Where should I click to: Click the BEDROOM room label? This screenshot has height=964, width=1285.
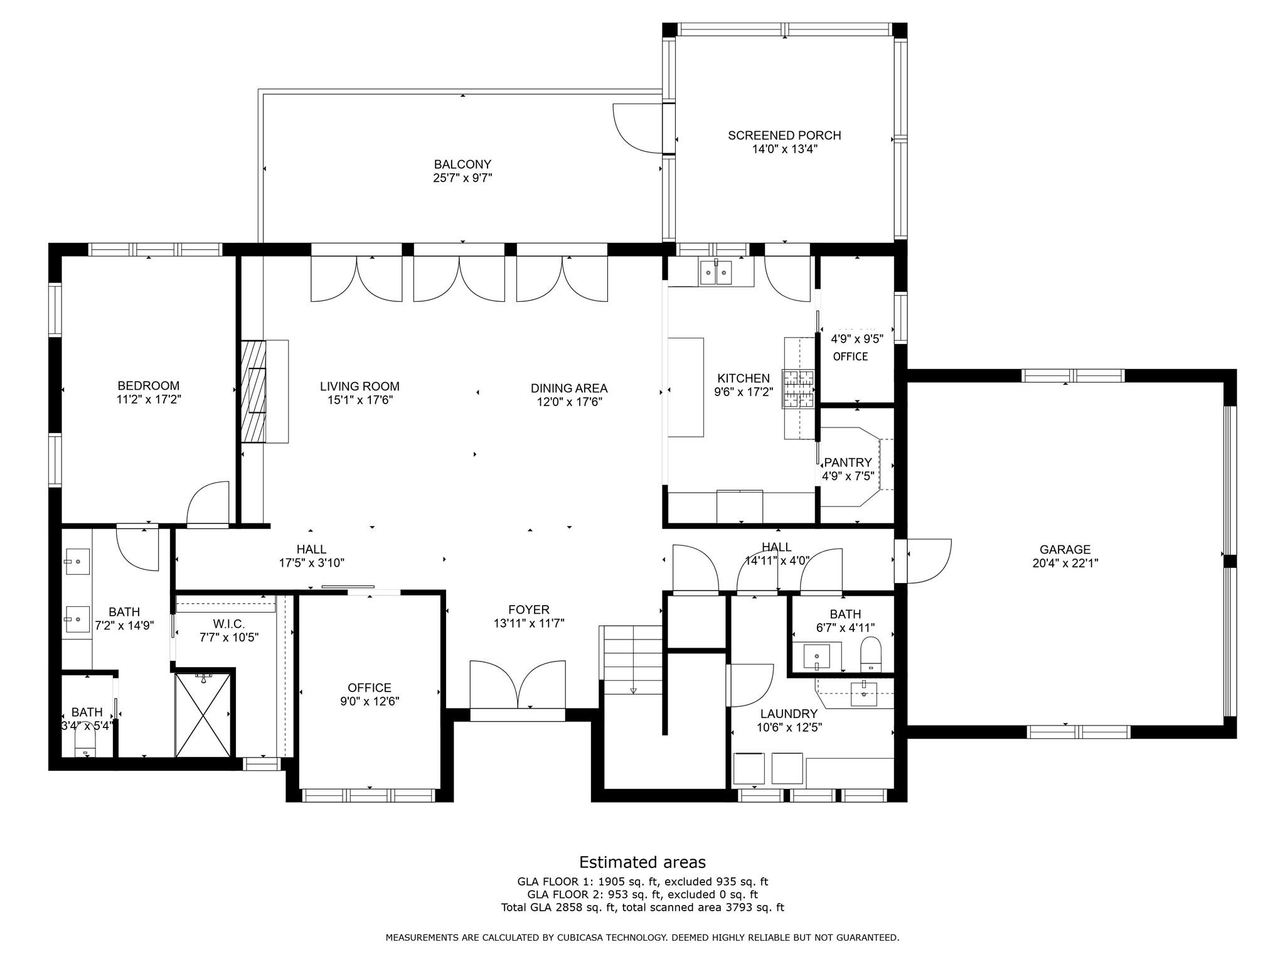coord(148,385)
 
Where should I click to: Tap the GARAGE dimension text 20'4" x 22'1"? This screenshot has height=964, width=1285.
coord(1065,564)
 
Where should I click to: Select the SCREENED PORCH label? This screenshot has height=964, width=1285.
coord(784,135)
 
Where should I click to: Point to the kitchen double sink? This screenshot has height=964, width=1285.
coord(716,273)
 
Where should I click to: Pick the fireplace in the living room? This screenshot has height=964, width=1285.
coord(254,392)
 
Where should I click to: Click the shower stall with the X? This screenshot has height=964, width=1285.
coord(202,715)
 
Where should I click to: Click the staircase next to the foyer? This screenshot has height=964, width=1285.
coord(632,659)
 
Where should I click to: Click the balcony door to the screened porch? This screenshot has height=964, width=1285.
coord(637,129)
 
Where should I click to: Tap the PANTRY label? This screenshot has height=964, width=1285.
coord(848,463)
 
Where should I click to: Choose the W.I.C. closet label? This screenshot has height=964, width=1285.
coord(228,624)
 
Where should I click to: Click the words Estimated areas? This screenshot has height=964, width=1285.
coord(642,862)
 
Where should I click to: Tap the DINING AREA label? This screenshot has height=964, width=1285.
coord(568,388)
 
